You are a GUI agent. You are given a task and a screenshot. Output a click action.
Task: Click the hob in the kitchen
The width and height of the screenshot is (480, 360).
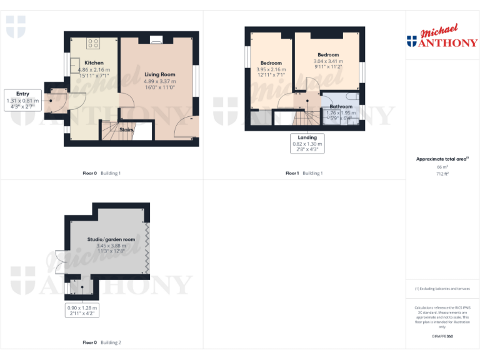pos(94,43)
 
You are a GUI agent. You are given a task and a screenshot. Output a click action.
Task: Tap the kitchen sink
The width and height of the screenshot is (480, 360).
pos(74,65)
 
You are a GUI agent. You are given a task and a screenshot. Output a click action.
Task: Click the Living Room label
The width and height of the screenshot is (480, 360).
pos(159,74)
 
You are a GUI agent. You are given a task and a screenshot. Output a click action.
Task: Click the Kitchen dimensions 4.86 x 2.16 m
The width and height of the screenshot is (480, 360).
pos(94,69)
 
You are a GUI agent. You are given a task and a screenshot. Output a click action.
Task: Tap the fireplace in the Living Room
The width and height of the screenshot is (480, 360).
pos(156,40)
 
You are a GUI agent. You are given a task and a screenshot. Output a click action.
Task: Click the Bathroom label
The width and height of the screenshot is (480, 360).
pos(341,107)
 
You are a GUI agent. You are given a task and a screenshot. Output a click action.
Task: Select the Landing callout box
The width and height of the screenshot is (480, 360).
pos(307,144)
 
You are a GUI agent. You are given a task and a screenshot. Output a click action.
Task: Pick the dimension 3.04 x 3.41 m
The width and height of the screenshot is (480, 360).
pos(328,61)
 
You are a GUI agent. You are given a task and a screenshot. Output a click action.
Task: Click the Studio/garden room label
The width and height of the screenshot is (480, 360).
pos(111,239)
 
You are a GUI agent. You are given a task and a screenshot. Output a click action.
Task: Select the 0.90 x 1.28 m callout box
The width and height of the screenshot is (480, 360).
pos(82,311)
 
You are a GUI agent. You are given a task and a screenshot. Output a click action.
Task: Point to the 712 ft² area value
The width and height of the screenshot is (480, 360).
pos(442,174)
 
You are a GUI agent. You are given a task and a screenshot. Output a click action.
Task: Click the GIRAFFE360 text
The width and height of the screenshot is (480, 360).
pos(442,336)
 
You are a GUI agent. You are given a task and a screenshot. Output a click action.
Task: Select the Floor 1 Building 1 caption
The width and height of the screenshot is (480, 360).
pos(304,173)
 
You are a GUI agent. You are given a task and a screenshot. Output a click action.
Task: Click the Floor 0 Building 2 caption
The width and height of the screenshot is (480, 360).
pos(102,342)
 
